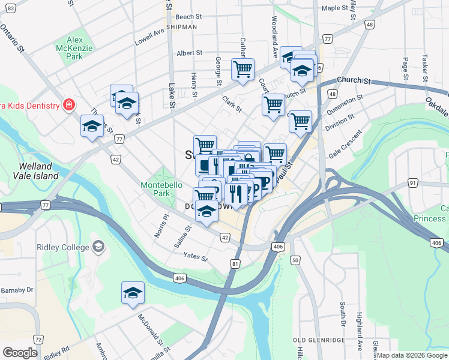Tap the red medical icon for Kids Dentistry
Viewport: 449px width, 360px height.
[69, 106]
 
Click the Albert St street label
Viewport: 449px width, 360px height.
[189, 53]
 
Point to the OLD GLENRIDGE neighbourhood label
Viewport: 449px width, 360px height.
[319, 340]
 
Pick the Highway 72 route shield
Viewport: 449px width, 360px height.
[37, 340]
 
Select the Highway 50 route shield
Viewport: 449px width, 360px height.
[295, 260]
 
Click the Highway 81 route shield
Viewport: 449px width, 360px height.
[235, 263]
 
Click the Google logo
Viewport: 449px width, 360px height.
[20, 352]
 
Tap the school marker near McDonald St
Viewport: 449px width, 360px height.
[133, 293]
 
